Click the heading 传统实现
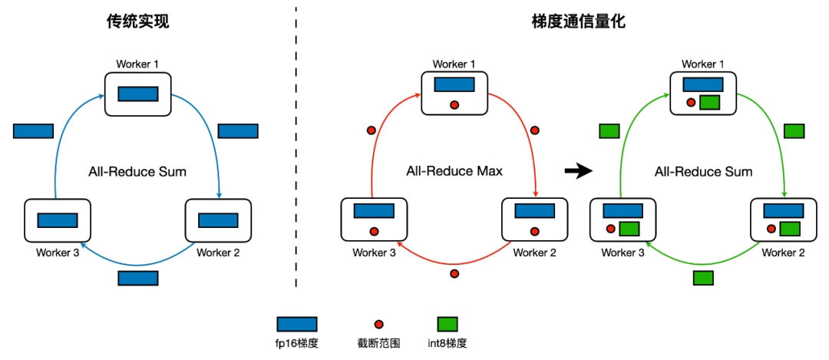[x=137, y=22]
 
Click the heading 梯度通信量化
[x=579, y=22]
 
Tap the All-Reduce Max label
[x=454, y=171]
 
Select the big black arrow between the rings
[x=576, y=171]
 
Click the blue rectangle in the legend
[x=296, y=324]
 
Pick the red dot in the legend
[x=378, y=324]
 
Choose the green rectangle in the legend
[x=448, y=324]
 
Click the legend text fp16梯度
[x=296, y=344]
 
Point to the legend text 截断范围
[x=378, y=344]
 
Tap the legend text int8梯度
[x=448, y=344]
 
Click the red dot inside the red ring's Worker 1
[x=454, y=105]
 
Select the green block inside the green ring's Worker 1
[x=709, y=103]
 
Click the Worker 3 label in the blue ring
[x=58, y=253]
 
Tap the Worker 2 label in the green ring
[x=783, y=253]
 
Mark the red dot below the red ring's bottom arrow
[x=454, y=273]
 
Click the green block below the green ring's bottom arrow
[x=703, y=278]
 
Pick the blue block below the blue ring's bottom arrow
[x=138, y=278]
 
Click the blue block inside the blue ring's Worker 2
[x=218, y=220]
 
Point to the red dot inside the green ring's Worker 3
[x=611, y=229]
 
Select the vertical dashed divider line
[x=296, y=147]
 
